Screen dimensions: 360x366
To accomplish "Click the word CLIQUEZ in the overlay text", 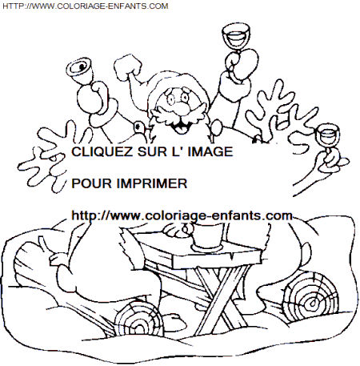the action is [x=102, y=152].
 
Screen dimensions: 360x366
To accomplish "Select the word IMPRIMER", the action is [x=152, y=183].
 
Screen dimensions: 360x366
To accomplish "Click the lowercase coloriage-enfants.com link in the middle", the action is [x=182, y=215].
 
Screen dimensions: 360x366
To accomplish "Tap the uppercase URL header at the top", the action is [x=86, y=6].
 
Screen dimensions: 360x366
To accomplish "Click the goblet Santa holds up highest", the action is [x=236, y=38].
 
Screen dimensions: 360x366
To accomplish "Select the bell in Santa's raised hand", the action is [x=81, y=70].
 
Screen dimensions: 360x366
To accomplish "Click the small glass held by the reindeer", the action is [x=327, y=137].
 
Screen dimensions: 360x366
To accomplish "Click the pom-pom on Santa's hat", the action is [x=128, y=66].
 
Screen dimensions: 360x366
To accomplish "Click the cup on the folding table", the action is [x=206, y=237].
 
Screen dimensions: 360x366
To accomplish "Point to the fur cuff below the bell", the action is [x=104, y=112].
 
